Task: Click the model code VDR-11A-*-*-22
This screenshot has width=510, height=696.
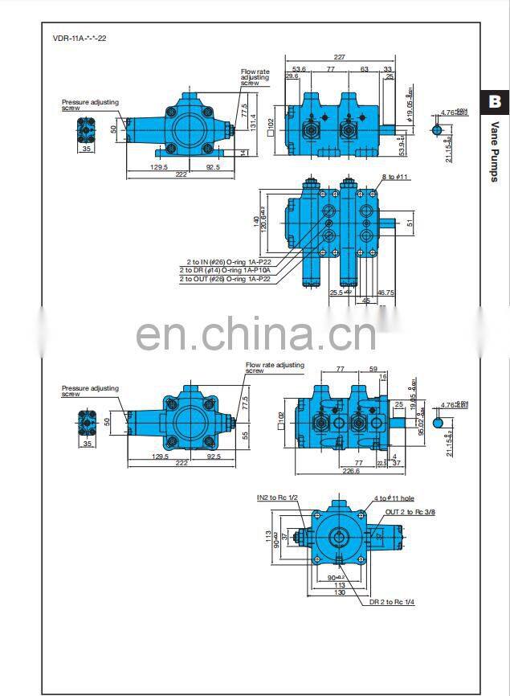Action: coord(79,38)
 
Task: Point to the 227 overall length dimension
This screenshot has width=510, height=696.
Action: coord(339,57)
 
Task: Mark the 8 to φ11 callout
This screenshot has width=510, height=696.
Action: coord(396,177)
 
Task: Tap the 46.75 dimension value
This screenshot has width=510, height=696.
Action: coord(386,293)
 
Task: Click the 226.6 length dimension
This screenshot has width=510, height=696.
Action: coord(351,472)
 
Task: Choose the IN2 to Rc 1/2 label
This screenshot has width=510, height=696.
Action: coord(277,498)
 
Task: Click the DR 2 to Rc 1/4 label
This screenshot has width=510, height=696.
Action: coord(392,601)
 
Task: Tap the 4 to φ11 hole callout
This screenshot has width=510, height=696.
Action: coord(395,498)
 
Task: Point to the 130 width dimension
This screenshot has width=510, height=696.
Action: coord(341,592)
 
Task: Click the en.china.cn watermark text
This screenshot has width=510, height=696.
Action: coord(255,332)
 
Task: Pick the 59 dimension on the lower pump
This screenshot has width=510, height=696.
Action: coord(373,369)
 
